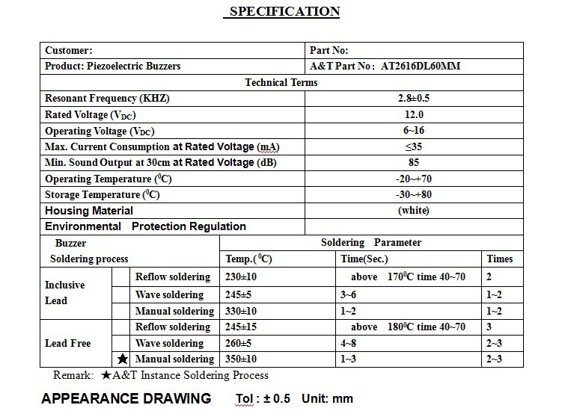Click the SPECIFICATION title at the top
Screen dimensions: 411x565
click(x=284, y=11)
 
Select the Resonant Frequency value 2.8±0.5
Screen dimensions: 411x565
click(x=413, y=99)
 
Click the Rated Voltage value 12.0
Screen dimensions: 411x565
click(x=413, y=114)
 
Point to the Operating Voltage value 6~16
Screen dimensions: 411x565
click(x=413, y=131)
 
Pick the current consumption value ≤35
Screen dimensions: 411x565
click(x=413, y=146)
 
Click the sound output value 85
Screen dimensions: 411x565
click(x=413, y=162)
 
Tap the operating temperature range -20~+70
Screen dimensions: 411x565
click(x=413, y=179)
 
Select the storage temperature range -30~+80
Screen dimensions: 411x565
click(x=413, y=194)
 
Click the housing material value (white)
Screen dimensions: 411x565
click(x=413, y=211)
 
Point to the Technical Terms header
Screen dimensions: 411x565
click(x=281, y=82)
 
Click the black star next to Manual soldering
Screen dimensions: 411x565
click(x=123, y=359)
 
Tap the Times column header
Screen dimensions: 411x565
click(x=500, y=259)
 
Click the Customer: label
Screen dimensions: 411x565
click(x=69, y=50)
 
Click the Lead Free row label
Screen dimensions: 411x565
click(x=68, y=343)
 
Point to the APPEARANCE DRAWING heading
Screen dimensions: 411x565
click(x=126, y=398)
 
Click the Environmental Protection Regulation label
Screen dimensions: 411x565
click(x=145, y=226)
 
